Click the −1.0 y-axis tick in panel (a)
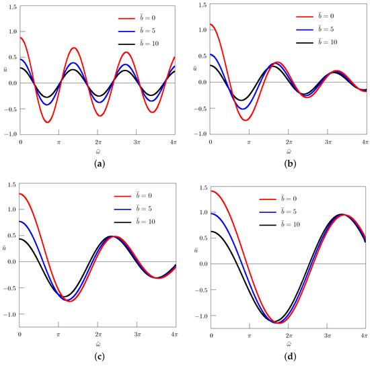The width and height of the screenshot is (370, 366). click(x=9, y=134)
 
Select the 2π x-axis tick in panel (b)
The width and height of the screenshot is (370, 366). click(x=289, y=143)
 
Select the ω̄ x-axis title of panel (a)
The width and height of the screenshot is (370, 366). click(x=98, y=151)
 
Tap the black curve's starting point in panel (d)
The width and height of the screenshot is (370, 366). click(x=211, y=231)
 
